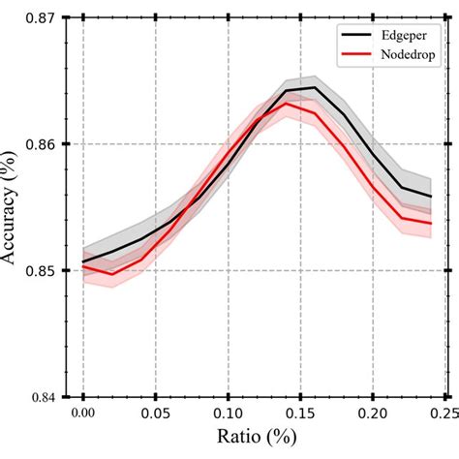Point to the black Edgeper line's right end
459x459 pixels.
(431, 197)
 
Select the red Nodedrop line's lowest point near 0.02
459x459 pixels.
(112, 274)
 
